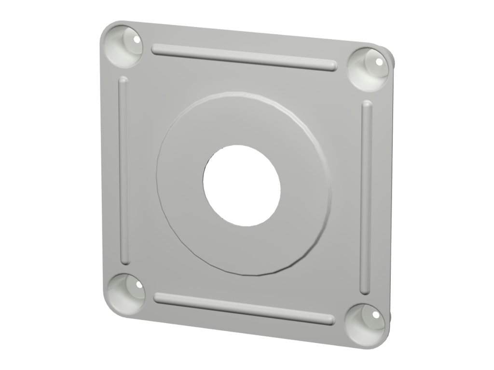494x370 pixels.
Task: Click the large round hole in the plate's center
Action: click(241, 185)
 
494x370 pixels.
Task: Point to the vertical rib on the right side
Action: click(367, 198)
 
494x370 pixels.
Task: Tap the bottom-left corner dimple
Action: click(123, 292)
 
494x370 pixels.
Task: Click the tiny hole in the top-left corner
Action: click(137, 40)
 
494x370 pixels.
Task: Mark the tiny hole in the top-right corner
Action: click(379, 62)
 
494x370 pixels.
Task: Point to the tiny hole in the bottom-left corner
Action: click(140, 285)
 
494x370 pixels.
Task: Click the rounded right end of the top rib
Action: click(332, 65)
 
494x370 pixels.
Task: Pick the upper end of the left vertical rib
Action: click(123, 79)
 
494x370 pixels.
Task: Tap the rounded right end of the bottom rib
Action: click(330, 319)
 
